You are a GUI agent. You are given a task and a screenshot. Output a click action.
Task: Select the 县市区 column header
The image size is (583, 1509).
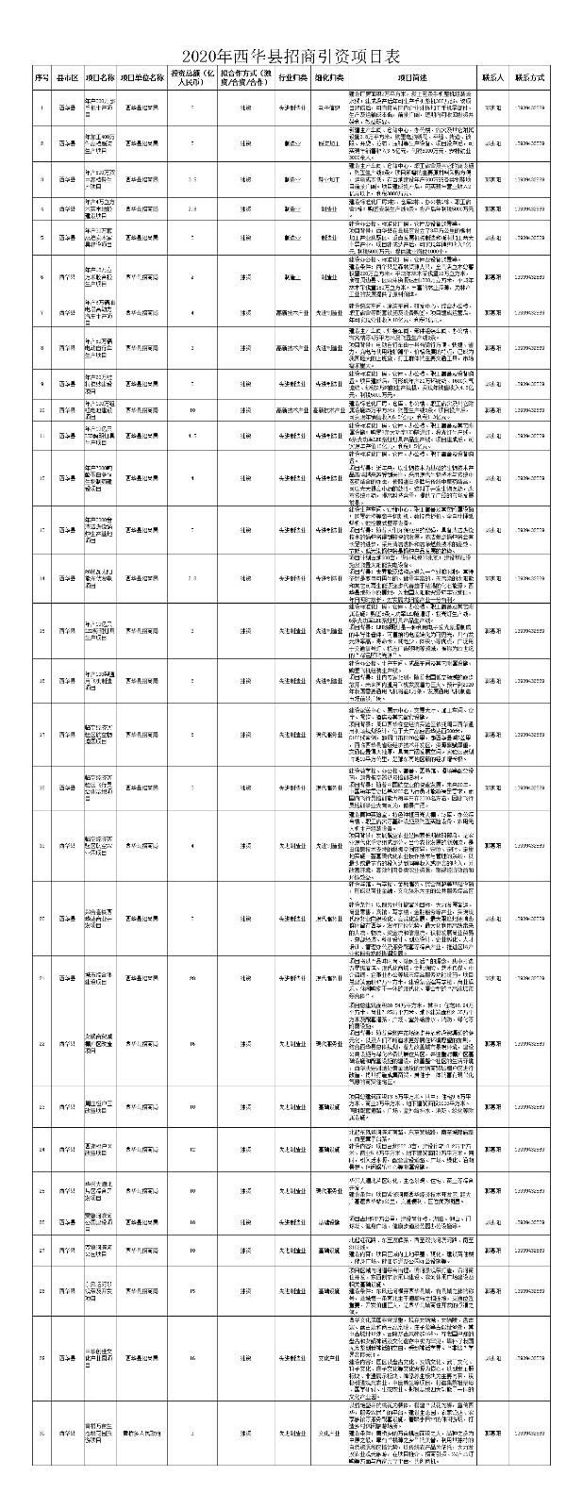pos(67,77)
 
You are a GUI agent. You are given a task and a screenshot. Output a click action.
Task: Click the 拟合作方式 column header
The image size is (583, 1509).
pos(244,77)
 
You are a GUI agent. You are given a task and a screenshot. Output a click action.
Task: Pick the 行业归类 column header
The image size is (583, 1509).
pos(291,77)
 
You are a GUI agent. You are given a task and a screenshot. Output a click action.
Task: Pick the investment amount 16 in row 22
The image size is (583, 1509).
pos(192,1044)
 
